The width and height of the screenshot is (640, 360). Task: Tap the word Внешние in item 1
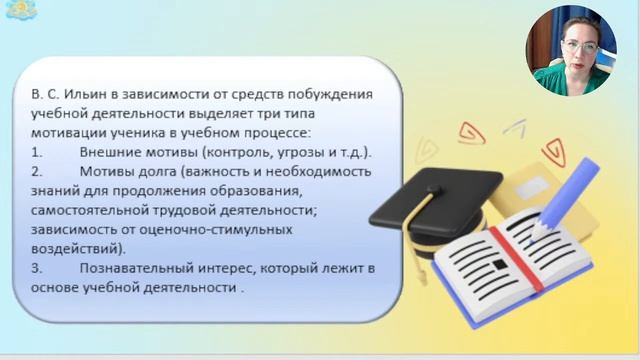(107, 152)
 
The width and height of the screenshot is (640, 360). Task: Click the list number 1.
(36, 152)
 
